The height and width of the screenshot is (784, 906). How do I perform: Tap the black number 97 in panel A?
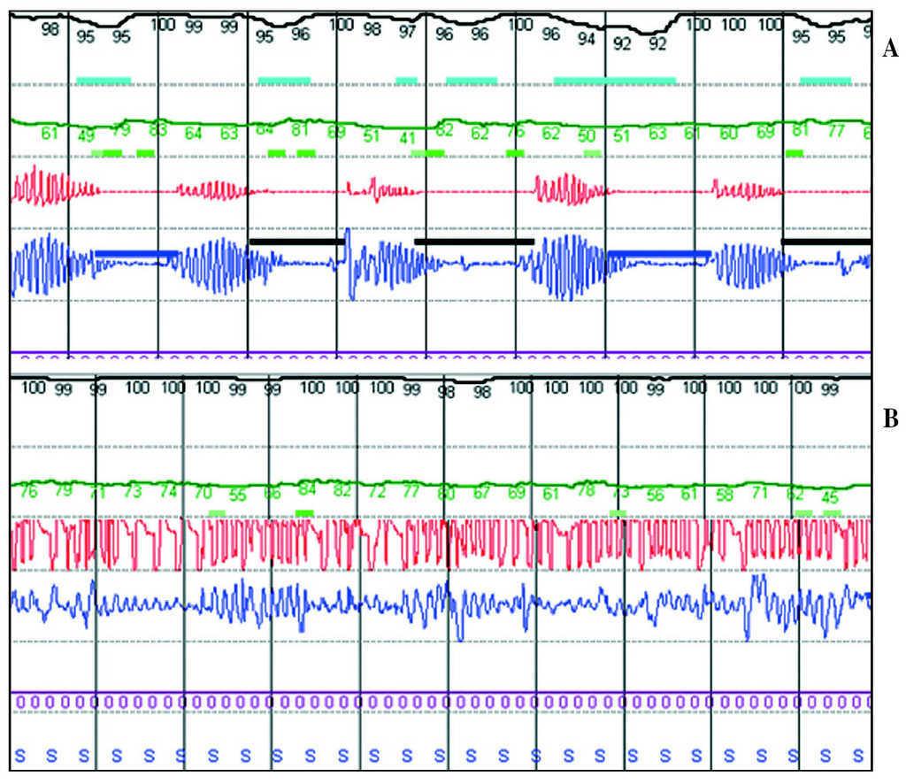pyautogui.click(x=407, y=32)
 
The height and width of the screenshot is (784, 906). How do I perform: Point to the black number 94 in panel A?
pyautogui.click(x=586, y=39)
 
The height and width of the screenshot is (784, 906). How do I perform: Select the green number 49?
pyautogui.click(x=86, y=135)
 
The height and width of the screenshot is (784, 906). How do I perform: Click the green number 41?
pyautogui.click(x=407, y=137)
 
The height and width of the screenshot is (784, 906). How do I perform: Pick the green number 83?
pyautogui.click(x=157, y=130)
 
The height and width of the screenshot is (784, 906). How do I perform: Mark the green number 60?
pyautogui.click(x=728, y=134)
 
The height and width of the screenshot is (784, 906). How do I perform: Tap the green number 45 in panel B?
pyautogui.click(x=830, y=496)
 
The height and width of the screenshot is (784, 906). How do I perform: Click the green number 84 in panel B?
pyautogui.click(x=307, y=488)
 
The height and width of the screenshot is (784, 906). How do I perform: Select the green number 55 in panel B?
pyautogui.click(x=238, y=496)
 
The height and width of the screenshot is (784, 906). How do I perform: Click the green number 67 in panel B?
pyautogui.click(x=480, y=493)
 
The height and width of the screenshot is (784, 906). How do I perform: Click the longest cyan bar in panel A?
pyautogui.click(x=614, y=81)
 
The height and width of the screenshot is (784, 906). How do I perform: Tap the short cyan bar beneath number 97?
pyautogui.click(x=406, y=81)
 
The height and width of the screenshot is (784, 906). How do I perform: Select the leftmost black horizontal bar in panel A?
pyautogui.click(x=296, y=240)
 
